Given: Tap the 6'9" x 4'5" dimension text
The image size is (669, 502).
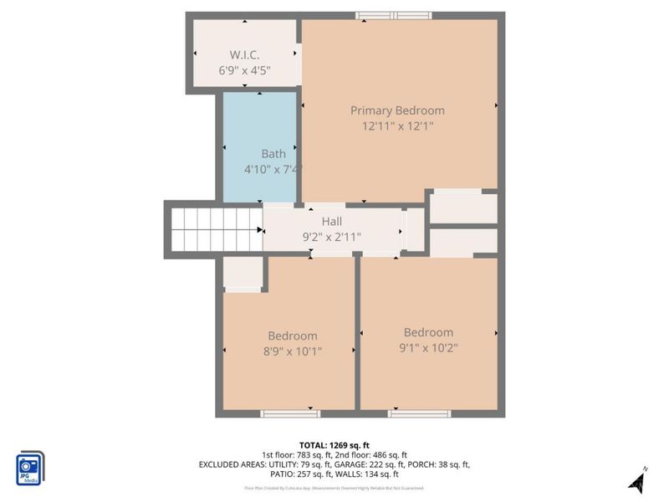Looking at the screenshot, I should coord(245,72).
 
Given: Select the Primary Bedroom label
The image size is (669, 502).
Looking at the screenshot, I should coord(397,110).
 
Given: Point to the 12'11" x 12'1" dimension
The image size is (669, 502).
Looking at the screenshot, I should coord(397,126).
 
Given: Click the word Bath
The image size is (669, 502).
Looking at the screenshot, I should coord(273,154).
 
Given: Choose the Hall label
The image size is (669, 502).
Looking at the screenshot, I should coord(332,222).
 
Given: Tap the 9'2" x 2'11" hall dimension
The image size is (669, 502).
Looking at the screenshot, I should coord(332,237).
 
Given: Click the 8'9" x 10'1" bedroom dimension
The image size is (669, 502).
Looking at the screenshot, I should coord(293,351).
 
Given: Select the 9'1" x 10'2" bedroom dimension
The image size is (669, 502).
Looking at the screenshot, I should coord(428,347).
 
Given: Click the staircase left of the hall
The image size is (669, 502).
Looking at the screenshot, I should coord(217,228).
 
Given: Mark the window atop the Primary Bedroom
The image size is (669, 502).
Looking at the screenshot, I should coord(393,15).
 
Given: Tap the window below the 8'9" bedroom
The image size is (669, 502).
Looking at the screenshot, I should coord(289,413).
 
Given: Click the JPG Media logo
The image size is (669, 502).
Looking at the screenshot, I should coord(30,469).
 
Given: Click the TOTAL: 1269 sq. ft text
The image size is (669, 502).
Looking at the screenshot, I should coord(334,445).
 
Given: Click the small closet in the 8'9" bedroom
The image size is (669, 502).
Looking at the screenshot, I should coord(244,274).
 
